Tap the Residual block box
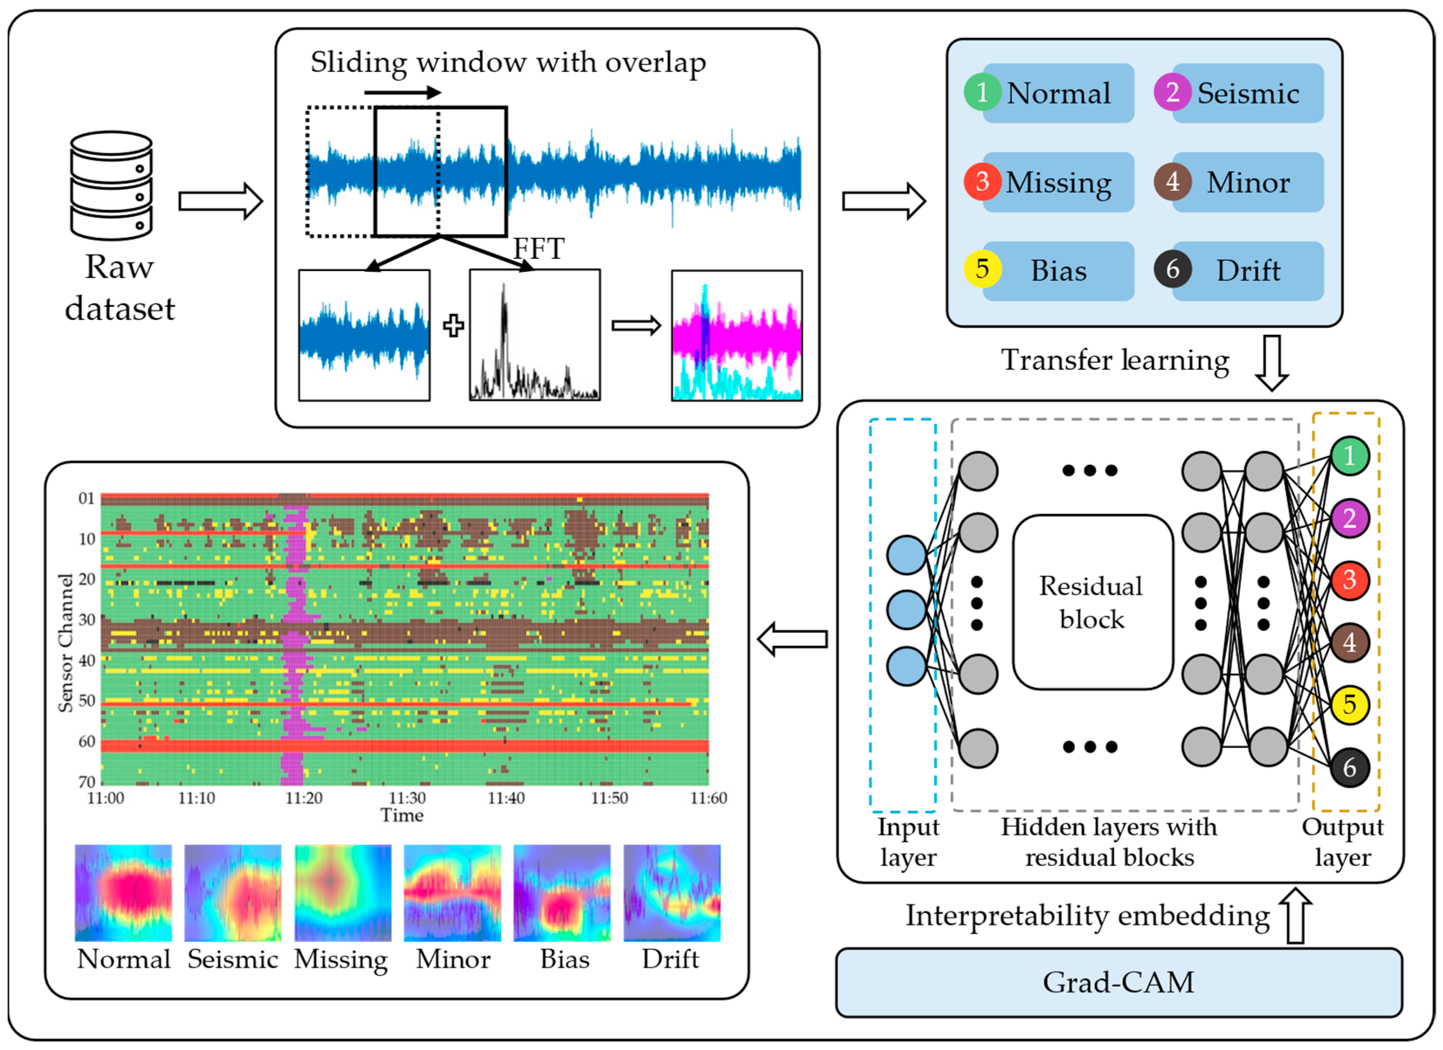[1092, 602]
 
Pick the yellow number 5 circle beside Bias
[982, 269]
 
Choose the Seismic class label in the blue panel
[1248, 93]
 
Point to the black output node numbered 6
[1350, 768]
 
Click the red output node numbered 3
[1350, 580]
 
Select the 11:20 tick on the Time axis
[304, 798]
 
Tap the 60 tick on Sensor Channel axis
[86, 741]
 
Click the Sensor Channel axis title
[65, 643]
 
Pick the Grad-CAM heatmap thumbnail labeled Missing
[343, 893]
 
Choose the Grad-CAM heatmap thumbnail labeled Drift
[672, 893]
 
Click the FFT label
[538, 248]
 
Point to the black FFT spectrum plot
[534, 335]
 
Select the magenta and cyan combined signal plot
[737, 335]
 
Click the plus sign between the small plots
[453, 326]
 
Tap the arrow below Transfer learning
[1271, 363]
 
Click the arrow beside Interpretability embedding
[1295, 916]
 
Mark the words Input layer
[908, 842]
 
